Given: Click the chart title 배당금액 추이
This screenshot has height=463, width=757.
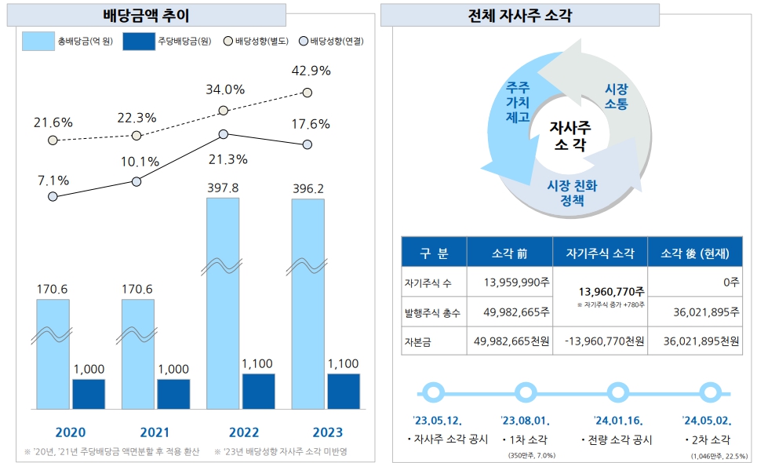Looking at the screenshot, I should click(146, 15).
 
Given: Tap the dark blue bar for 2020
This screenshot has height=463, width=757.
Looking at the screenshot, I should click(89, 394).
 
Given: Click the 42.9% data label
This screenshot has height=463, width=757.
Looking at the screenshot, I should click(311, 71).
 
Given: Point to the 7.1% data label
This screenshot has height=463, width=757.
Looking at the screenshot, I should click(53, 180).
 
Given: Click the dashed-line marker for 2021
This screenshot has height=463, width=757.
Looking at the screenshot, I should click(137, 136).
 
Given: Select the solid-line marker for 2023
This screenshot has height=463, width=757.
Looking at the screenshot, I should click(308, 144).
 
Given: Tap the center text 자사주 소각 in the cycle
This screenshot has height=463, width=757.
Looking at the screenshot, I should click(571, 135).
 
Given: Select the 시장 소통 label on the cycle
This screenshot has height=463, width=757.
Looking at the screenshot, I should click(616, 97).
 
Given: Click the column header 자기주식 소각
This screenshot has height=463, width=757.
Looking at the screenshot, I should click(600, 253).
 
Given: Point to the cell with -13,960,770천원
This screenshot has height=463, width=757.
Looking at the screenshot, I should click(600, 341).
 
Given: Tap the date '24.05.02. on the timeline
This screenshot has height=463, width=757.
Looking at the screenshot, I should click(706, 419).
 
